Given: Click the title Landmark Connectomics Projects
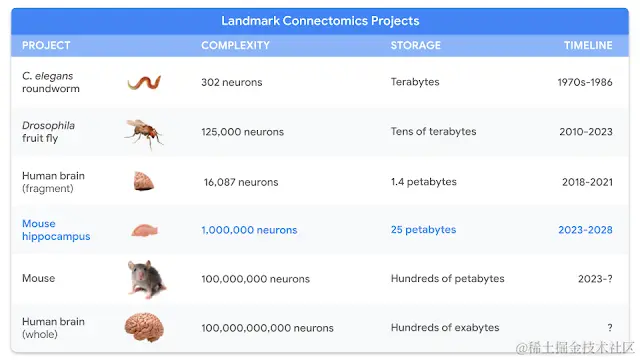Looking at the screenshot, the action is pos(320,21).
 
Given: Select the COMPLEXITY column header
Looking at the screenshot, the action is pos(236,45).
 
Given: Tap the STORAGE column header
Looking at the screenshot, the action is pos(416,45).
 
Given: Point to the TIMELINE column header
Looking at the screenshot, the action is pos(588,45).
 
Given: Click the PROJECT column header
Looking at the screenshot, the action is pos(46,45).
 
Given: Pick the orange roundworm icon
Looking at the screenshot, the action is pos(144,82).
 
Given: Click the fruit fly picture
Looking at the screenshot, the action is pos(144,133).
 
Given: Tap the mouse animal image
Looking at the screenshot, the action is pos(147,279).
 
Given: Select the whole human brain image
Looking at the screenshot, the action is pos(144,327).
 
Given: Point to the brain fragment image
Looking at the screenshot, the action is pos(144,181).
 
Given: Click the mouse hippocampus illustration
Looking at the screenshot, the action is pos(144,230).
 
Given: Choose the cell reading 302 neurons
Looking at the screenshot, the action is pos(231,82).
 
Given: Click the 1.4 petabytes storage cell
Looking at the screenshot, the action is pos(424,182).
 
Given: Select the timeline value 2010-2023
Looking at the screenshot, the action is pos(586,131).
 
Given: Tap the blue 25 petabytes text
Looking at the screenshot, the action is pos(423,229).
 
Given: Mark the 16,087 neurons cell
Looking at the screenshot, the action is pos(241,182).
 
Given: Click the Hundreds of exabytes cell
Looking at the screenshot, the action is pos(445,327).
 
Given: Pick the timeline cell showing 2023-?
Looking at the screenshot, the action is pos(595,279).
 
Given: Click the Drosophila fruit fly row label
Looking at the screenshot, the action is pos(48,131).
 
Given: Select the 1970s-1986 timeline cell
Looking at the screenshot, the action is pos(585,82).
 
